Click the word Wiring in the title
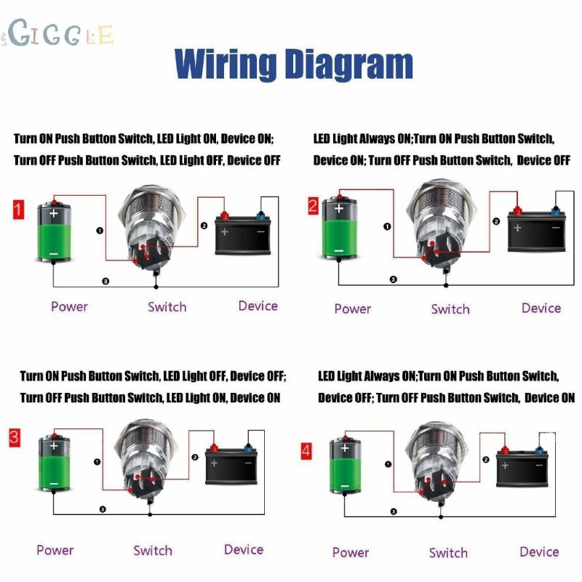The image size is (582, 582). point(226,63)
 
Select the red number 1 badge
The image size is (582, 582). point(18,210)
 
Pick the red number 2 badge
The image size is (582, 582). point(313,206)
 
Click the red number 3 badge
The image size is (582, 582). point(15,437)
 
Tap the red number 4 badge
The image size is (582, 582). point(306,450)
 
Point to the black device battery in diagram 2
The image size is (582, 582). point(536,229)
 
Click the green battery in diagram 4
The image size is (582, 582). point(345,465)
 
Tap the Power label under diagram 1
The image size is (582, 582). point(69,307)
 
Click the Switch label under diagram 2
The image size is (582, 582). point(450,309)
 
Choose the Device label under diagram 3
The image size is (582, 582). point(244,550)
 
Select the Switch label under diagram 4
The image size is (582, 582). point(448,553)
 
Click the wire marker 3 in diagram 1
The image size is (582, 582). point(105,282)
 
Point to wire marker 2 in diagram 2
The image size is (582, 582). point(496,222)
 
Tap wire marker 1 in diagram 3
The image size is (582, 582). point(97,462)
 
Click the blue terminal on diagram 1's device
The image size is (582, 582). point(260,215)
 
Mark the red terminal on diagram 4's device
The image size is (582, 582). point(505,450)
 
